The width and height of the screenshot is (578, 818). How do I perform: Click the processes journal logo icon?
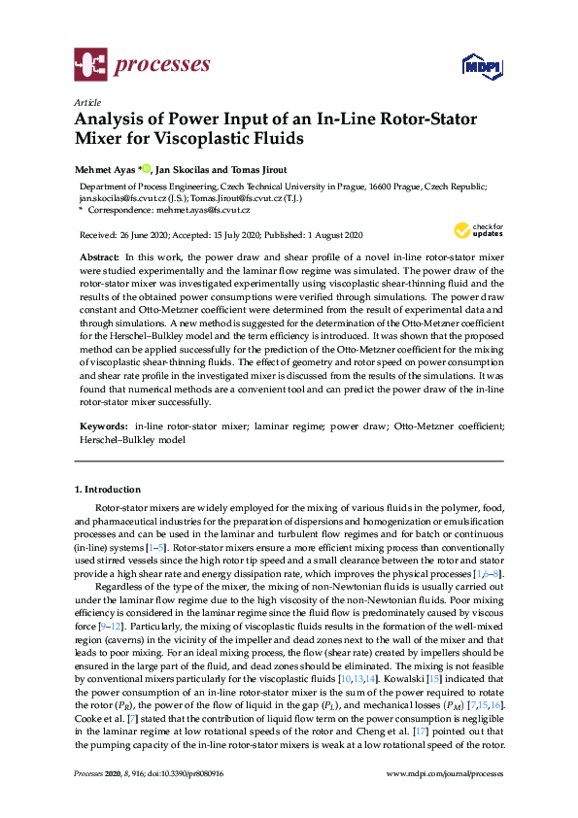coord(89,66)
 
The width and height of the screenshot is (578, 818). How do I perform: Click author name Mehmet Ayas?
coord(106,169)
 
